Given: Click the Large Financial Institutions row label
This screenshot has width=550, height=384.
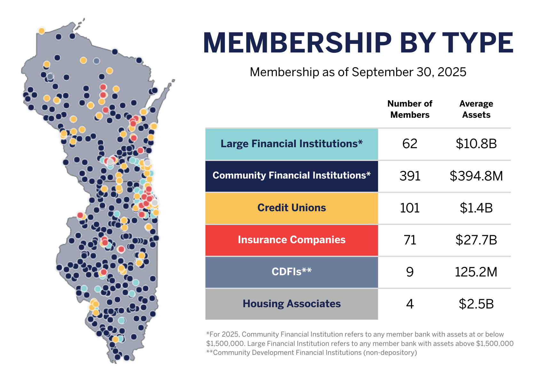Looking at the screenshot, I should point(291,144).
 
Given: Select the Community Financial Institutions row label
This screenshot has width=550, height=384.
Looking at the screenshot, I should point(291,176).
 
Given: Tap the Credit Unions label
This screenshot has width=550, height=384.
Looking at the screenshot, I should point(291,208).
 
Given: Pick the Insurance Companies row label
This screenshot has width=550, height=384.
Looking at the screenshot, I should point(291,240).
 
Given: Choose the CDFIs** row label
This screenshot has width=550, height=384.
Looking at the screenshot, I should point(291,272).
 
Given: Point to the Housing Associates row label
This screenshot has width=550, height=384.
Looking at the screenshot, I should point(291,304).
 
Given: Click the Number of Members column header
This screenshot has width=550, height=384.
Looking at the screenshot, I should point(410,109).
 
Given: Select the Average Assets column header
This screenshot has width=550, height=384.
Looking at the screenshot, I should point(476,109).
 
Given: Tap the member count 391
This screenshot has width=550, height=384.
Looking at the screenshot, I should point(410,176).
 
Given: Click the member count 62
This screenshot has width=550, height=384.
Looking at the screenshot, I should point(410,144).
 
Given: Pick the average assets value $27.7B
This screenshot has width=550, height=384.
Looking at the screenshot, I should point(476,240).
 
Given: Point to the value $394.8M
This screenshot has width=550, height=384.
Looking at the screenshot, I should point(476,176).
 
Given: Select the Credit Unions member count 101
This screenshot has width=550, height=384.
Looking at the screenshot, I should point(410,208).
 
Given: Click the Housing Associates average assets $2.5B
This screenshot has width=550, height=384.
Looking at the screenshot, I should point(476,304).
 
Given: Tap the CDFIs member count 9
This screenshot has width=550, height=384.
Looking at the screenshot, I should point(410,272).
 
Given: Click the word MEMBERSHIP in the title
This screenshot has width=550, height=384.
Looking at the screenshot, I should point(297,43).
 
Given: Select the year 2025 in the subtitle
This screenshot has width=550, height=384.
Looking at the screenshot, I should point(452,72).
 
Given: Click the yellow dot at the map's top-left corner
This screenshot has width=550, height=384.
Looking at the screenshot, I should point(42,31).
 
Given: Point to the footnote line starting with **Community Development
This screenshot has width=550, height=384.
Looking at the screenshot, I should point(311,353).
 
